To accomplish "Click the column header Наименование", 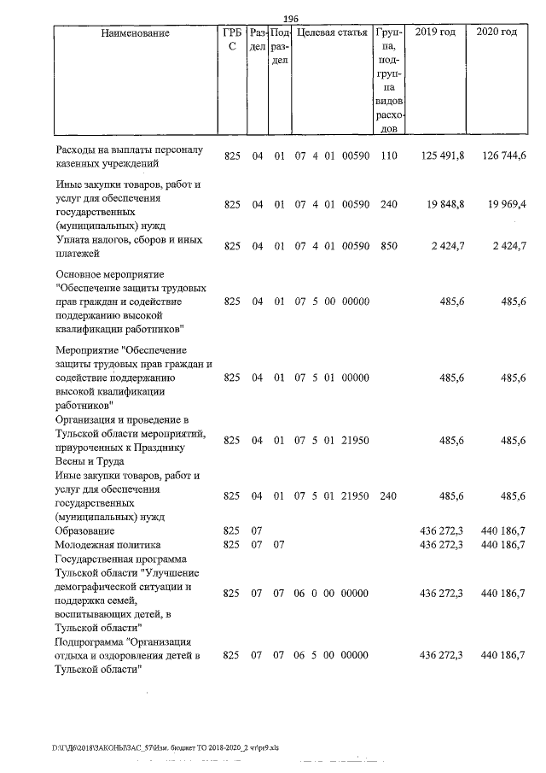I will pyautogui.click(x=135, y=32).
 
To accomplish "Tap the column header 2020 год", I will pyautogui.click(x=498, y=32).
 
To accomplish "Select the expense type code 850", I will pyautogui.click(x=390, y=247).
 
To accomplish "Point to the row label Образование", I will pyautogui.click(x=84, y=531).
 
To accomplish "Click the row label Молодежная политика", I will pyautogui.click(x=106, y=544).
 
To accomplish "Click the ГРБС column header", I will pyautogui.click(x=231, y=40).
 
